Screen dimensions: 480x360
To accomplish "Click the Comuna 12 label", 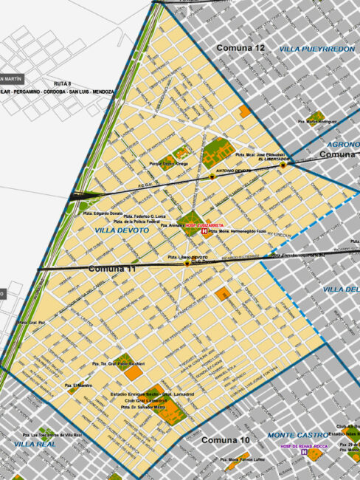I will (240, 48).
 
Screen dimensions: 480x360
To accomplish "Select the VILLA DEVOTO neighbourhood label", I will (122, 230).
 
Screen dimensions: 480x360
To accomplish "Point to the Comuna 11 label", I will (112, 269).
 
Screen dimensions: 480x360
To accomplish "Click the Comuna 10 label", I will (226, 441).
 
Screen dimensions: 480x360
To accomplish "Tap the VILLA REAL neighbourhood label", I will (34, 444).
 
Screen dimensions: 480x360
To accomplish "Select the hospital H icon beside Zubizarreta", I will (205, 231).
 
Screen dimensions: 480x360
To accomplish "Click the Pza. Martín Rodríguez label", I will (322, 121).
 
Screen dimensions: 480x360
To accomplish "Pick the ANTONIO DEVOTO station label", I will (233, 171).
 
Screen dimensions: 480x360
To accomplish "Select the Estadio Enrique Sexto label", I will (145, 397).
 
